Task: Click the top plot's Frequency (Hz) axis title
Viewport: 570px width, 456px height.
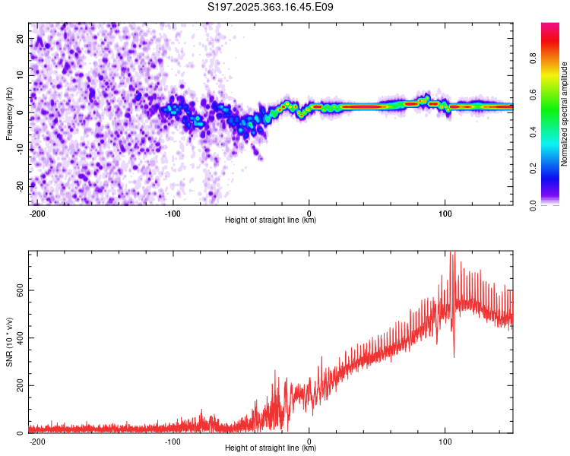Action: pyautogui.click(x=9, y=114)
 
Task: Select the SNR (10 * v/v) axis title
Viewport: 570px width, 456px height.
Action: pyautogui.click(x=9, y=341)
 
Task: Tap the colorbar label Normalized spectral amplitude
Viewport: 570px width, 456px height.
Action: pyautogui.click(x=565, y=114)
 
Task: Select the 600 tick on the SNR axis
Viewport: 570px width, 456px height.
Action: pyautogui.click(x=21, y=290)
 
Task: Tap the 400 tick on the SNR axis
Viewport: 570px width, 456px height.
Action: pyautogui.click(x=21, y=337)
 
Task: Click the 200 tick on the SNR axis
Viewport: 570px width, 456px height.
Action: pyautogui.click(x=21, y=385)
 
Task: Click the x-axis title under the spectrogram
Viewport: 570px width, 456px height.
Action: pyautogui.click(x=271, y=220)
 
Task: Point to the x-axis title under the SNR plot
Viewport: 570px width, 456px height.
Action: pyautogui.click(x=271, y=448)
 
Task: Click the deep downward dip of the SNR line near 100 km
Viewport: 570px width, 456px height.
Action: pyautogui.click(x=454, y=356)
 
